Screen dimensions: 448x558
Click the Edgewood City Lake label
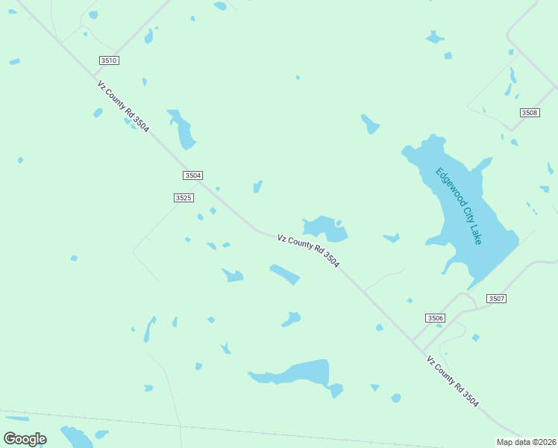(459, 205)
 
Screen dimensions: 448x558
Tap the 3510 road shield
(108, 60)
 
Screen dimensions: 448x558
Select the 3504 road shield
(192, 175)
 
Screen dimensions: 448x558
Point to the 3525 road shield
(184, 198)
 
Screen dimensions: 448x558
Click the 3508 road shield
(530, 113)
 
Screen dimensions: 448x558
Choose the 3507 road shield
(497, 299)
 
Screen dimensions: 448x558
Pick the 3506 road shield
(436, 318)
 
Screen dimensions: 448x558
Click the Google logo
(25, 439)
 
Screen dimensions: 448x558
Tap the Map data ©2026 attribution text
(526, 441)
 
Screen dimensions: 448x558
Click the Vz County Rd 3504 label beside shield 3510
(123, 107)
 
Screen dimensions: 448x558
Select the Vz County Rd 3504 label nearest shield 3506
(453, 382)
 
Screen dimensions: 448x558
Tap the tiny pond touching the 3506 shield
(410, 301)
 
